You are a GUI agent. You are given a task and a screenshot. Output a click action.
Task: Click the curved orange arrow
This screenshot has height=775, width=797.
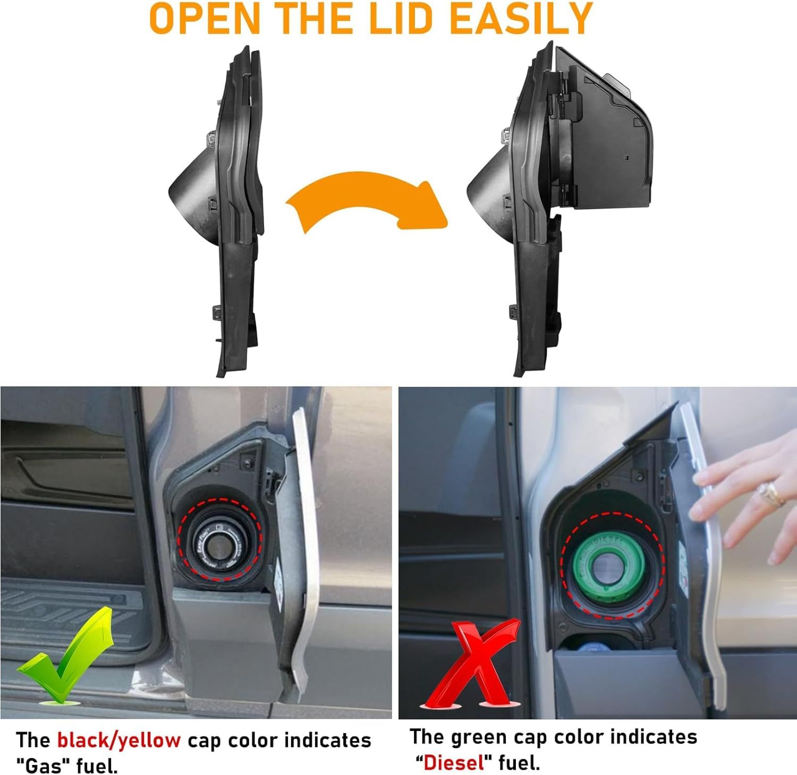(367, 204)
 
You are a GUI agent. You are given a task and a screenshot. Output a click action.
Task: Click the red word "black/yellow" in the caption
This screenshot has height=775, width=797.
(118, 740)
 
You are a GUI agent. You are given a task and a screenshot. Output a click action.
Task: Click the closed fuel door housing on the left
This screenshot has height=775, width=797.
(228, 212)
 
